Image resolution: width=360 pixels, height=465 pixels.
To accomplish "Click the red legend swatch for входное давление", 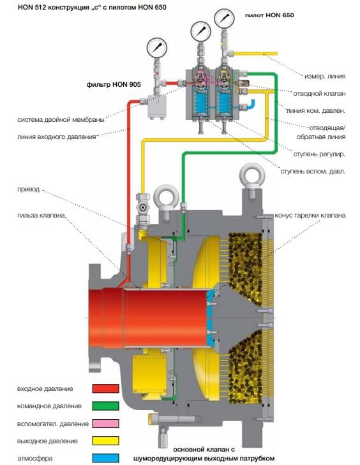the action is pyautogui.click(x=106, y=388).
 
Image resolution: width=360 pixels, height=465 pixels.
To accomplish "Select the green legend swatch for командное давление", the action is pyautogui.click(x=106, y=406).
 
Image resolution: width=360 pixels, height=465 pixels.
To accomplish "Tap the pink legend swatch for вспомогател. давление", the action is pyautogui.click(x=106, y=423).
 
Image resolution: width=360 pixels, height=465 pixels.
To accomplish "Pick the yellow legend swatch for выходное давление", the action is pyautogui.click(x=106, y=441).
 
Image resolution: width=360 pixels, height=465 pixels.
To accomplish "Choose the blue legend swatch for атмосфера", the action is pyautogui.click(x=106, y=458).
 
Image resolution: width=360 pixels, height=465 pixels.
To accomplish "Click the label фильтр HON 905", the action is pyautogui.click(x=114, y=85).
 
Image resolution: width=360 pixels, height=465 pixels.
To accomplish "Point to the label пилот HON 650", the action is pyautogui.click(x=269, y=15).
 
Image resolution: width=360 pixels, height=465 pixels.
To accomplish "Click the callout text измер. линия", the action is pyautogui.click(x=325, y=76).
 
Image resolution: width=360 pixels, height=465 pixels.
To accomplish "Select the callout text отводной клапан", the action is pyautogui.click(x=319, y=93).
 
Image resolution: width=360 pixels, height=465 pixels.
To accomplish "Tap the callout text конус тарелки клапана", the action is pyautogui.click(x=310, y=215).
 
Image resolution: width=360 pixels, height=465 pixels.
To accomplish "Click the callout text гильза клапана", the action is pyautogui.click(x=41, y=216).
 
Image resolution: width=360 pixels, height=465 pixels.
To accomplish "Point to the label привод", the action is pyautogui.click(x=29, y=189).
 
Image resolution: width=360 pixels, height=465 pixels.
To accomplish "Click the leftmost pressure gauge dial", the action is pyautogui.click(x=157, y=48).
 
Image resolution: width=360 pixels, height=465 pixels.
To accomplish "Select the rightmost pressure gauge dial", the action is pyautogui.click(x=225, y=18).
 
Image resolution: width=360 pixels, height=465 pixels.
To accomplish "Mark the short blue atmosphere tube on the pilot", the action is pyautogui.click(x=250, y=105).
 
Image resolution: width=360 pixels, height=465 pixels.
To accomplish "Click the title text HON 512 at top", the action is pyautogui.click(x=32, y=7).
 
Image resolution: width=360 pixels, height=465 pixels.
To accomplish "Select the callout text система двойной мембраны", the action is pyautogui.click(x=61, y=119).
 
